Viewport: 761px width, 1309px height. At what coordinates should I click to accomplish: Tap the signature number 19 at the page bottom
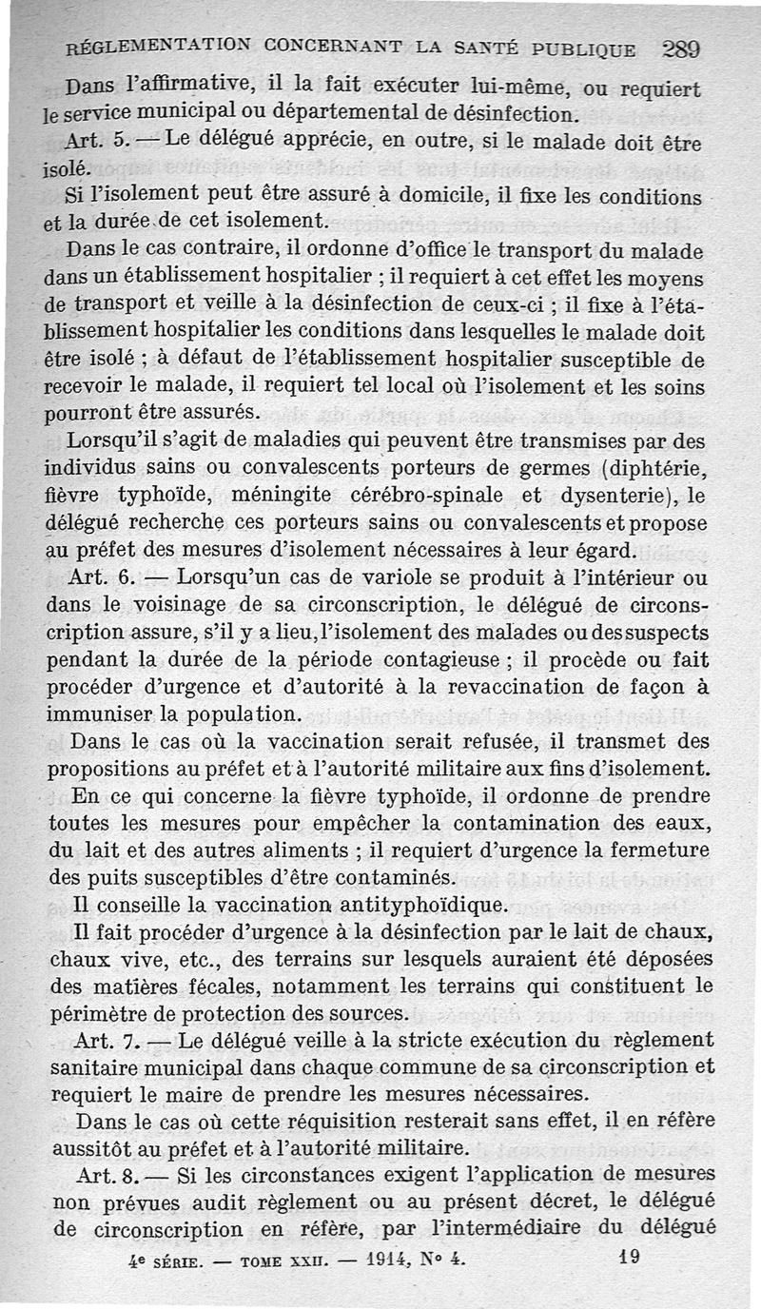coord(629,1256)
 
